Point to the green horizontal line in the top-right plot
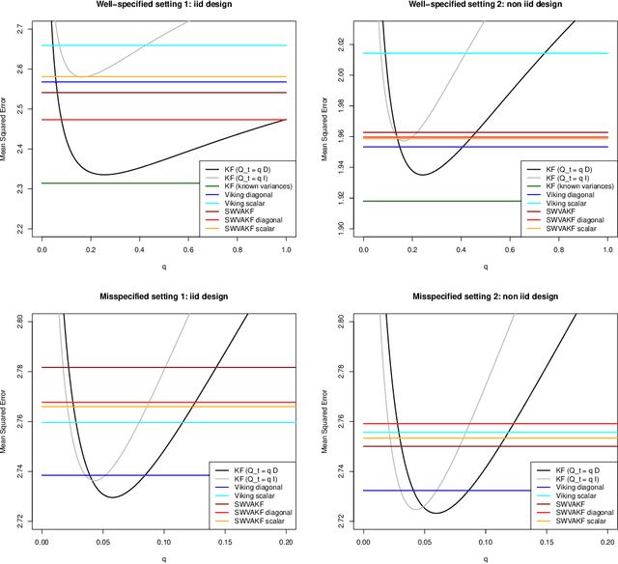click(435, 201)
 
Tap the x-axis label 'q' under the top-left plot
click(164, 271)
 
